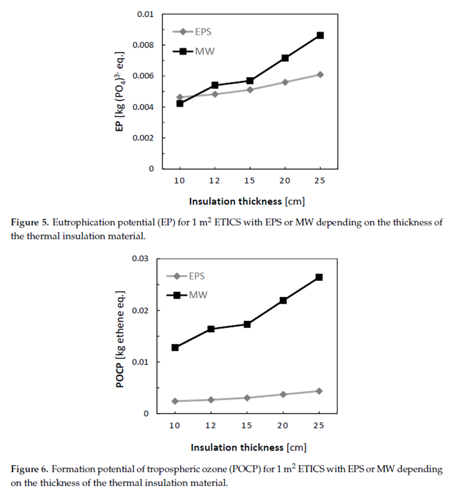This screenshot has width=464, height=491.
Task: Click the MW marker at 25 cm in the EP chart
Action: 320,35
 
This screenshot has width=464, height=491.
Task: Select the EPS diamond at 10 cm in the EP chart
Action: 180,97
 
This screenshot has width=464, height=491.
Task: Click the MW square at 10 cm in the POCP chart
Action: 175,347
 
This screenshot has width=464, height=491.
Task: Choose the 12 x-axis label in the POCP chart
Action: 210,426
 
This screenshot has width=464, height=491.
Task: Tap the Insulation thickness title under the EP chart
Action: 250,202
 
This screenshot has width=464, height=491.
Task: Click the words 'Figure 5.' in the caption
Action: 30,223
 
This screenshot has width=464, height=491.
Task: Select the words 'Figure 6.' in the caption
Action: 30,469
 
